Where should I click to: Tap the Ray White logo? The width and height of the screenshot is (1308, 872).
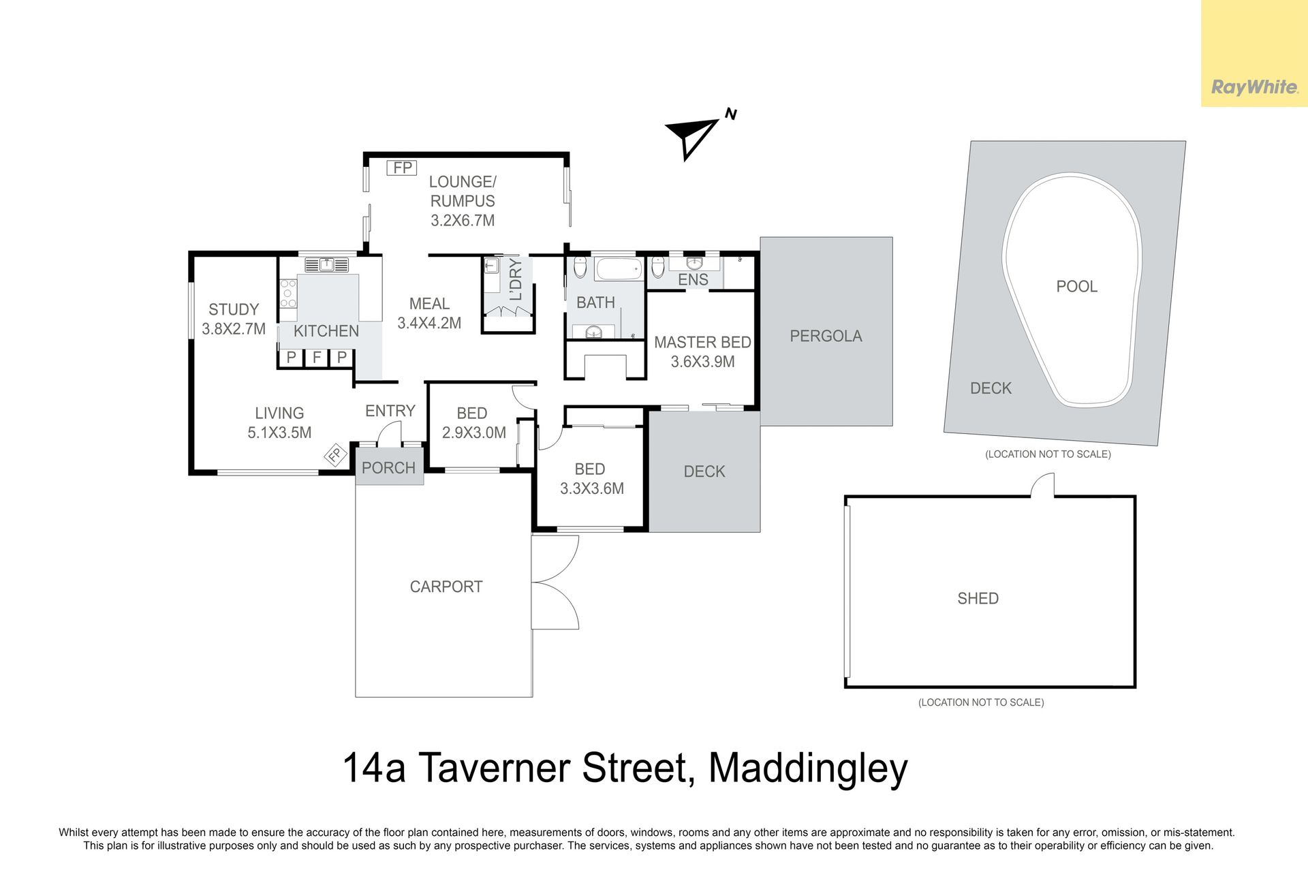[x=1254, y=87]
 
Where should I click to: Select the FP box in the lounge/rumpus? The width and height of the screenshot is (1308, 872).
[x=402, y=168]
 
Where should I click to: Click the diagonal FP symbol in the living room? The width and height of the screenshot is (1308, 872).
[x=334, y=455]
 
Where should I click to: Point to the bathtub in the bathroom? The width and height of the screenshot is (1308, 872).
[x=619, y=268]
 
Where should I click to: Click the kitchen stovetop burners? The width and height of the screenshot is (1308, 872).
[x=288, y=294]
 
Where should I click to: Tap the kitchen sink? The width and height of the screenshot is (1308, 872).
[x=326, y=264]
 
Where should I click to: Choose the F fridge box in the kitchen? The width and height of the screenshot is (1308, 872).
[x=317, y=358]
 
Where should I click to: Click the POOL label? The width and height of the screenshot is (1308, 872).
[x=1076, y=287]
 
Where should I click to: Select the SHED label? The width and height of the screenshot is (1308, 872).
[x=978, y=599]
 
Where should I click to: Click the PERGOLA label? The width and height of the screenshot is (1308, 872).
[x=826, y=336]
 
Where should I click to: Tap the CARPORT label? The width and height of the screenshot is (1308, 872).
[x=446, y=587]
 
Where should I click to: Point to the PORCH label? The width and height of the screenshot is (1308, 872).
[x=388, y=468]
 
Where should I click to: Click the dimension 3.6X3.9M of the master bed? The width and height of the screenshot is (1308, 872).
[x=702, y=362]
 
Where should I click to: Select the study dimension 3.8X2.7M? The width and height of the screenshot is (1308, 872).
[x=234, y=329]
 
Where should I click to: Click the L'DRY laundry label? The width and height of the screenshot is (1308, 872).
[x=516, y=279]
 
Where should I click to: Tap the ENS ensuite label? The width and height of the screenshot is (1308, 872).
[x=693, y=280]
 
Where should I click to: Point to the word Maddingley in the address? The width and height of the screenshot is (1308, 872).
[x=808, y=769]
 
